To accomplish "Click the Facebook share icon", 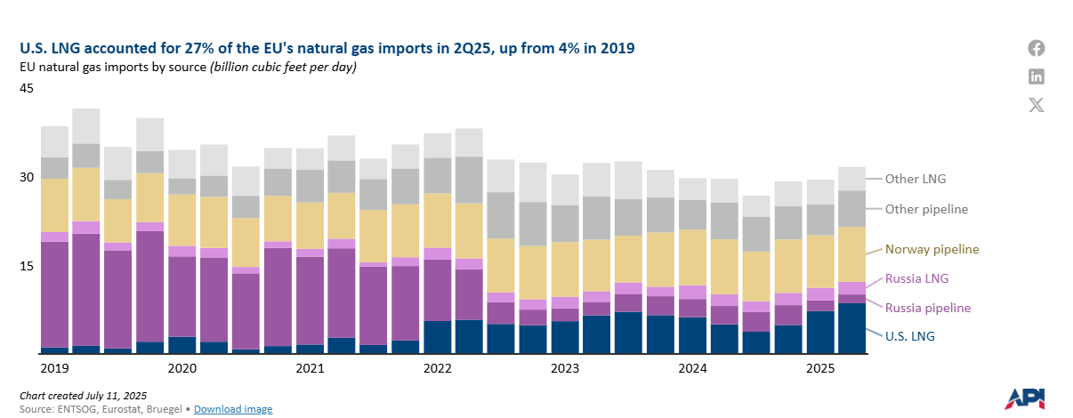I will pos(1037,49).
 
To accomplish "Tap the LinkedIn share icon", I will pos(1037,76).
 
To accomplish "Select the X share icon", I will pos(1037,105).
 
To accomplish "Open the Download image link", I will pos(233,409).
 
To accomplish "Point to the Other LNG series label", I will pos(915,179).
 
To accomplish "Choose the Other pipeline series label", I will pos(925,209).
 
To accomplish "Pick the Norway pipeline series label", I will pos(930,250).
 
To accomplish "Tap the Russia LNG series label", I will pos(916,278).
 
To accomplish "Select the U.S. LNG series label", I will pos(910,336).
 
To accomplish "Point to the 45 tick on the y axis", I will pos(27,89).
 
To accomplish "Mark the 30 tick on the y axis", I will pos(27,178).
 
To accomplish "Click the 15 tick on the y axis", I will pos(27,266).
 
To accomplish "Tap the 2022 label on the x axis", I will pos(438,367).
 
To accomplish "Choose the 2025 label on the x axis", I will pos(820,367).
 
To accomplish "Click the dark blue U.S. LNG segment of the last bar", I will pos(851,329).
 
